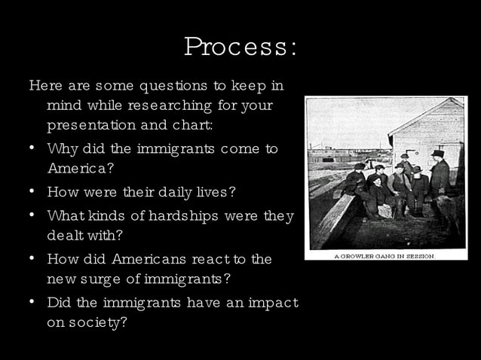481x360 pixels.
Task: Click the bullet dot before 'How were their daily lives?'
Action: click(x=33, y=191)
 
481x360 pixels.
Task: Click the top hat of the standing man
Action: click(x=437, y=154)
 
